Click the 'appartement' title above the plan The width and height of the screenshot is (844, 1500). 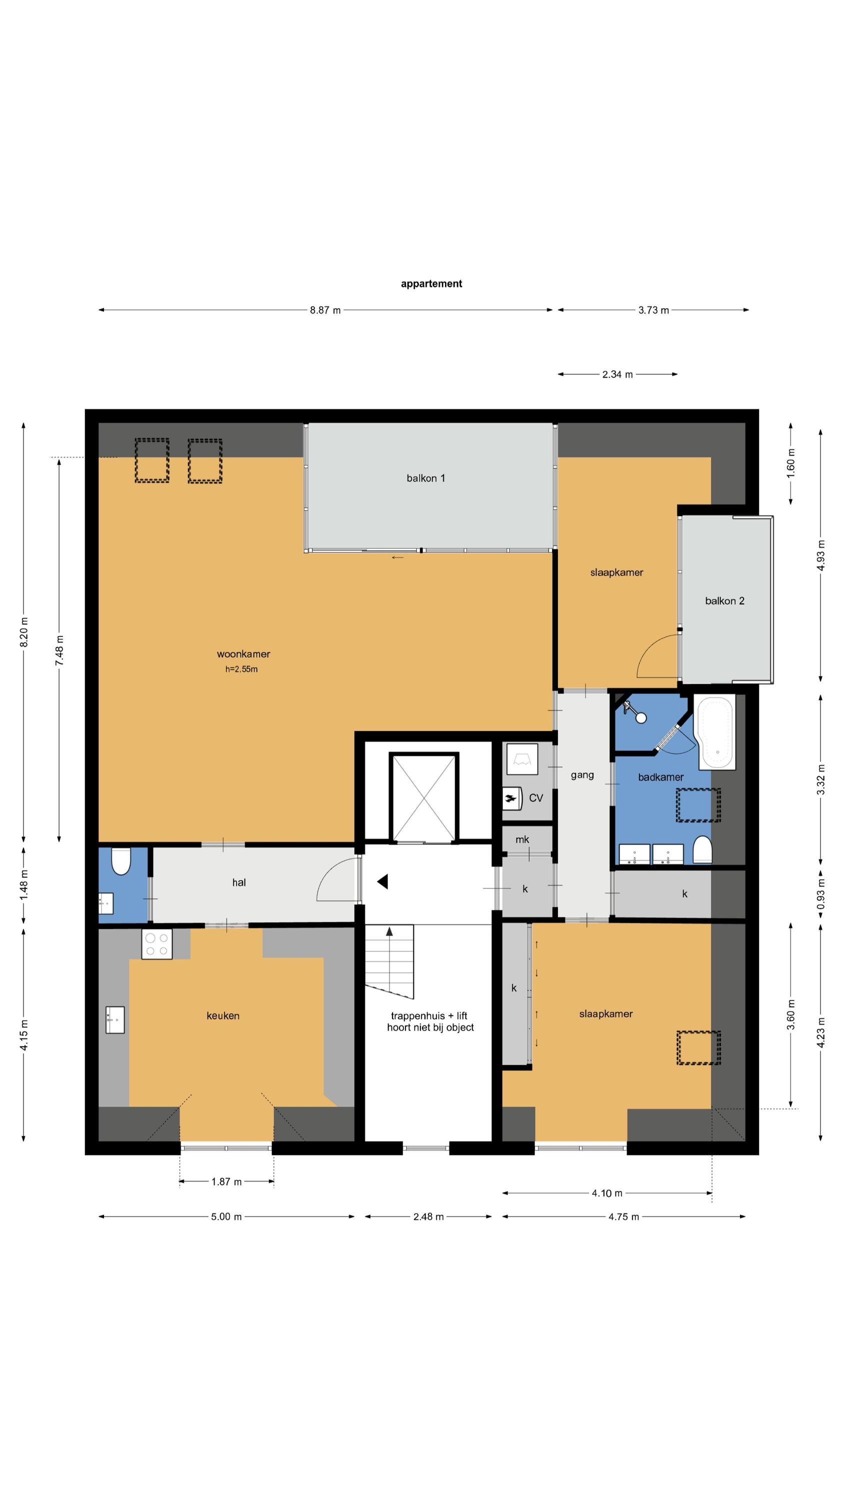click(x=431, y=283)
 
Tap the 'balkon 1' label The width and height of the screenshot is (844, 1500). click(x=426, y=478)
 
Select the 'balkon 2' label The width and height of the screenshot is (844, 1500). click(x=724, y=601)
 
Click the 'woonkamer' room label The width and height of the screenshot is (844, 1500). click(x=243, y=654)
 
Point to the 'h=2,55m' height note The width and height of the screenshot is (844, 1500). click(x=241, y=669)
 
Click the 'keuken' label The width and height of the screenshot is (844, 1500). click(x=223, y=1015)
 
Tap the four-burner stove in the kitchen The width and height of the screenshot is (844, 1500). click(x=156, y=944)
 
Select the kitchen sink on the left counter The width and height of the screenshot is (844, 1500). click(x=114, y=1020)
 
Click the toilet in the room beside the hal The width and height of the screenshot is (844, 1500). click(x=120, y=861)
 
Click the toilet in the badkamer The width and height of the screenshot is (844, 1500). click(x=702, y=850)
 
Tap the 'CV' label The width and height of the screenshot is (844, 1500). click(x=536, y=797)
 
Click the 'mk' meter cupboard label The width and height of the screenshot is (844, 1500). click(x=522, y=839)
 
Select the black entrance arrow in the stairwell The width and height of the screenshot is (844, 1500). click(x=382, y=881)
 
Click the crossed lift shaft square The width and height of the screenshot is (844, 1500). click(x=423, y=797)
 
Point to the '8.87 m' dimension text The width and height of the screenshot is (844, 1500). click(x=325, y=310)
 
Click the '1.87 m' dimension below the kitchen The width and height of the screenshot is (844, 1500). click(x=226, y=1181)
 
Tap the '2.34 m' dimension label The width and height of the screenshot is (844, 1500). click(x=617, y=374)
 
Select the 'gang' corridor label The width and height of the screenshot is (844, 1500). click(x=582, y=775)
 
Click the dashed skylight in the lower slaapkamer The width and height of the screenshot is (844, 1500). click(x=698, y=1048)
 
